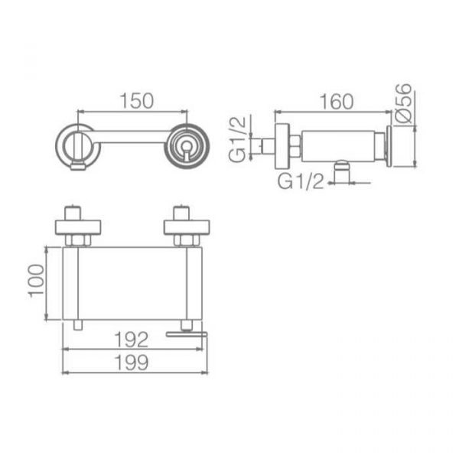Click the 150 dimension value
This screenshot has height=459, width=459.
coord(137,101)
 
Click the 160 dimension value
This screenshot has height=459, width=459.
coord(337,102)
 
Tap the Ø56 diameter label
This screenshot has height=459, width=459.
coord(403,103)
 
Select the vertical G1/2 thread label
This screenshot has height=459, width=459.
coord(237,139)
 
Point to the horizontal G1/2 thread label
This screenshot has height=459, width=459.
coord(301,181)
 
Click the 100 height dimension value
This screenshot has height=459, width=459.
coord(36,281)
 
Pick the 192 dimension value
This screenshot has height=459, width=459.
coord(132,340)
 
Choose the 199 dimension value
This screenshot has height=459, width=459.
coord(132,363)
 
